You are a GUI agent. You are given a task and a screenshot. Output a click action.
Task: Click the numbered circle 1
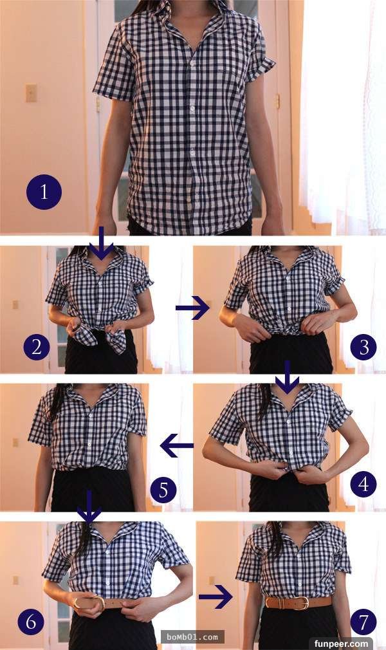point(44,192)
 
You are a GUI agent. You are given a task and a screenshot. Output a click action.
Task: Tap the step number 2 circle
point(37,347)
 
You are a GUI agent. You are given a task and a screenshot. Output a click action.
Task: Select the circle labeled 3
point(363,347)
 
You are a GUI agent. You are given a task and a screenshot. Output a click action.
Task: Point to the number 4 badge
point(363,484)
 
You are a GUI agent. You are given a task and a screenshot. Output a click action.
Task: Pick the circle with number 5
point(163,490)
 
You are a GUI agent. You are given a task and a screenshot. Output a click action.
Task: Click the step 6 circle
point(31,622)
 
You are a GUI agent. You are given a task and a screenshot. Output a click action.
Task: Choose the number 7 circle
point(363,622)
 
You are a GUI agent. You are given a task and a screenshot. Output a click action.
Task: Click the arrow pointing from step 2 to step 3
point(192,308)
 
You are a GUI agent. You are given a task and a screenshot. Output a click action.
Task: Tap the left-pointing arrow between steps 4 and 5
point(177,445)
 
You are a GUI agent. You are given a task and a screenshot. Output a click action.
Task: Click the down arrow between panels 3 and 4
point(287,377)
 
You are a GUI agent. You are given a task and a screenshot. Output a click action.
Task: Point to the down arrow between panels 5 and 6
point(89,506)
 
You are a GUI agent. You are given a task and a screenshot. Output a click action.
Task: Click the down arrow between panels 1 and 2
point(102,243)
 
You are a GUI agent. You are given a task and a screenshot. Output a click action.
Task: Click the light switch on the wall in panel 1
point(31,93)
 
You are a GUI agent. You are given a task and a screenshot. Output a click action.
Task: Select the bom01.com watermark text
point(192,636)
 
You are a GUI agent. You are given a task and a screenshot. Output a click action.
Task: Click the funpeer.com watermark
point(341,644)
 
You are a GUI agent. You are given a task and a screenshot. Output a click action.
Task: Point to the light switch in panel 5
point(15,442)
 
